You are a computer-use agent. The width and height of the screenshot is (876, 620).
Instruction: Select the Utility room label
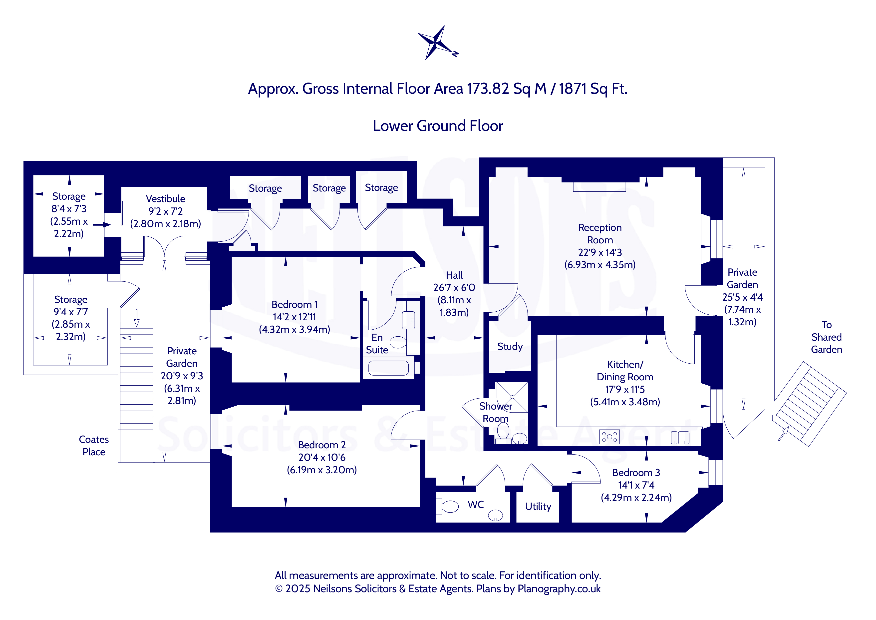pos(538,507)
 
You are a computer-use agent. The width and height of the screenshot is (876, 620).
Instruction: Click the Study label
pos(510,347)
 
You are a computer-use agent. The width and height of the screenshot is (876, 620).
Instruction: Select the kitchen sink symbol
pos(680,438)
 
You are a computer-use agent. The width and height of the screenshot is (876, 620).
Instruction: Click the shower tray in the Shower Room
pos(512,397)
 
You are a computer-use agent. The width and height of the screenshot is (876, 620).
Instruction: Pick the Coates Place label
pos(94,446)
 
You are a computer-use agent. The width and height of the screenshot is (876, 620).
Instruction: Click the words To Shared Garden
pos(826,337)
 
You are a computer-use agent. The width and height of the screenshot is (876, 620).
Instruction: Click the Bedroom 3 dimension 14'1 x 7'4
pos(636,485)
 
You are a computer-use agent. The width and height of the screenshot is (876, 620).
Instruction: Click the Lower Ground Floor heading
pos(438,126)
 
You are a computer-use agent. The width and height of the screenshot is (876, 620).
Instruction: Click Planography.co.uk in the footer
pos(559,589)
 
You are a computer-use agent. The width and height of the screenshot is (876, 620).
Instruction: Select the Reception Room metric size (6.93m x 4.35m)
pos(600,265)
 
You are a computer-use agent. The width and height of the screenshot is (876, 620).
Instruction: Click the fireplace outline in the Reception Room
pos(599,187)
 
